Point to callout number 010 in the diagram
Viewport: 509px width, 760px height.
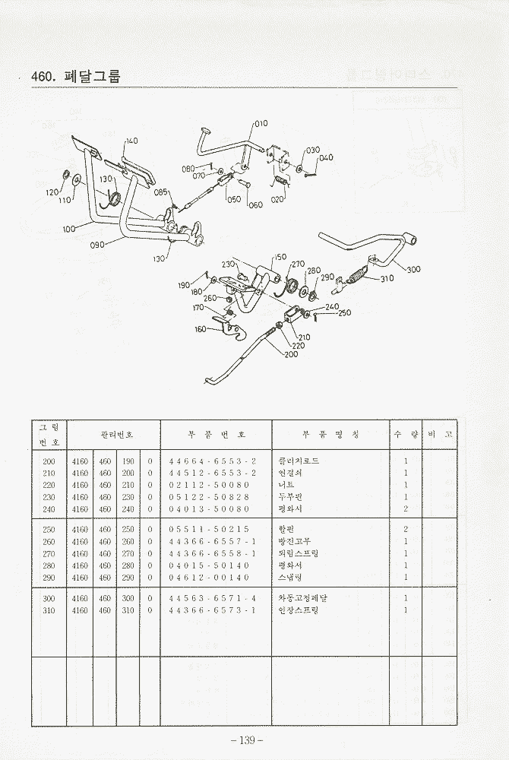click(261, 123)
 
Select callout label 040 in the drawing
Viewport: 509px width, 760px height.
click(326, 158)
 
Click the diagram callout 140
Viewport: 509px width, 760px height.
click(131, 141)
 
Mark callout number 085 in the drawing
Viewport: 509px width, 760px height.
click(161, 192)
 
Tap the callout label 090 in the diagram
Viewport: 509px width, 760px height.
click(97, 245)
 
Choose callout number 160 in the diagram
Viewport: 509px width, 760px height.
click(201, 329)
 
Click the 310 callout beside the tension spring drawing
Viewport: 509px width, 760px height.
click(387, 278)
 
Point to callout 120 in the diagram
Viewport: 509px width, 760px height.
click(52, 192)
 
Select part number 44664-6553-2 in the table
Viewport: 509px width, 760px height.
click(213, 461)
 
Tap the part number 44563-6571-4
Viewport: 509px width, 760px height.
click(213, 598)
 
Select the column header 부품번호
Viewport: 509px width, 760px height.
click(217, 435)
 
